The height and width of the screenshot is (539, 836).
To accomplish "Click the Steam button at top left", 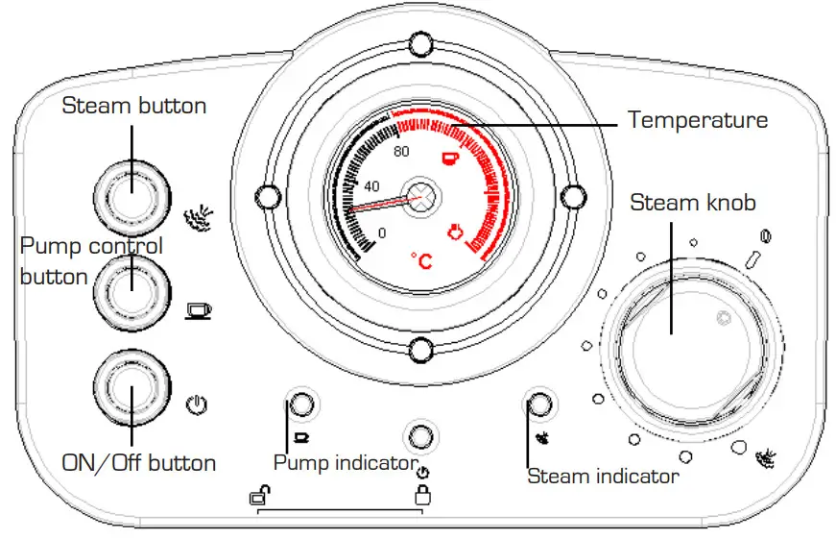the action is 132,198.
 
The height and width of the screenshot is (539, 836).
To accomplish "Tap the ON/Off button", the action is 132,388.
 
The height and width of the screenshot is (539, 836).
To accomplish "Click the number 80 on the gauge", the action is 401,152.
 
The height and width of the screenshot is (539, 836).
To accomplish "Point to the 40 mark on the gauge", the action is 371,186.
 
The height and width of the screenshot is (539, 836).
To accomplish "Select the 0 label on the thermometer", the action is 382,233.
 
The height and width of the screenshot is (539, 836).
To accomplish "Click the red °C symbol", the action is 421,260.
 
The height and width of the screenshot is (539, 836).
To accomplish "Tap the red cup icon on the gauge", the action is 450,158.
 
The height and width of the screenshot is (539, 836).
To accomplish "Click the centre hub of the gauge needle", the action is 420,196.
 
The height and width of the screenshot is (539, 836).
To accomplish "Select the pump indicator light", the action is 301,404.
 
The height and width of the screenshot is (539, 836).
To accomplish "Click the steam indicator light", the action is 539,404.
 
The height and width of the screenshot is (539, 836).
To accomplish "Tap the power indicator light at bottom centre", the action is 420,436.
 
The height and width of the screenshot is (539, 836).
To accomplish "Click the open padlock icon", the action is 260,495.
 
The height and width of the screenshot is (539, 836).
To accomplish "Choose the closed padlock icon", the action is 422,495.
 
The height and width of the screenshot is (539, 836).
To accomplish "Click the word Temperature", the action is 698,119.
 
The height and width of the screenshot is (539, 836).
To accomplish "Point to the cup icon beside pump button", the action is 199,310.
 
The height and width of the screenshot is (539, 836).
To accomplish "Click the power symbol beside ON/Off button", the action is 197,405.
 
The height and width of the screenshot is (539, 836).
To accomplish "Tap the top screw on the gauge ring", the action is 420,44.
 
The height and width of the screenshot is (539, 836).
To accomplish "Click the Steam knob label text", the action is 693,203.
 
